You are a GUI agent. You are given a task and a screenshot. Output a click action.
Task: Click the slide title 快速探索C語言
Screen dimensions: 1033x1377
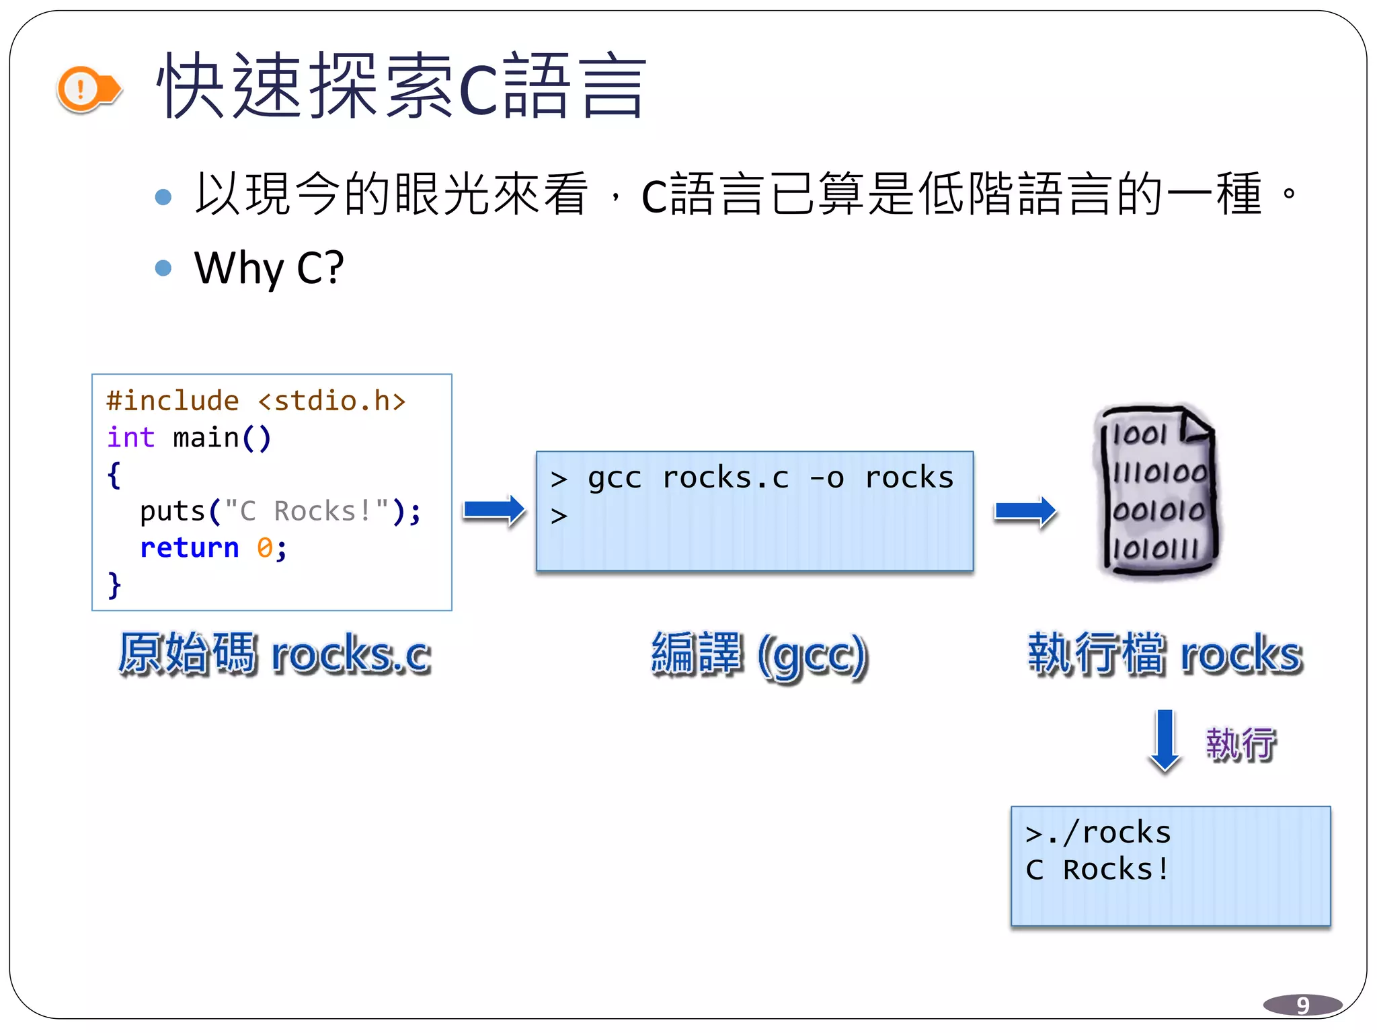coord(401,87)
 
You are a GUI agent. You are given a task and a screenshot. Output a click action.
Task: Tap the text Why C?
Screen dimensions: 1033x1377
coord(269,268)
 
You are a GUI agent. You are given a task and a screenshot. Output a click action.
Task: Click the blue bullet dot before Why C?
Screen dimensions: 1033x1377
coord(163,268)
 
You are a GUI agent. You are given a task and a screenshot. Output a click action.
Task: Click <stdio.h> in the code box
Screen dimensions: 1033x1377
coord(332,401)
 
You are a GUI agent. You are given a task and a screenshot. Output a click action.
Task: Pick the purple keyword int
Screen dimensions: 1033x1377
coord(130,438)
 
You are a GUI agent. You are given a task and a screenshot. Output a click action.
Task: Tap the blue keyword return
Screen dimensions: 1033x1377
coord(189,548)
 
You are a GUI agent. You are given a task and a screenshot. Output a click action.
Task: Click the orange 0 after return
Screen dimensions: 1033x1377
coord(264,548)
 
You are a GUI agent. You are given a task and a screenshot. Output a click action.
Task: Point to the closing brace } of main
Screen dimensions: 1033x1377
coord(114,584)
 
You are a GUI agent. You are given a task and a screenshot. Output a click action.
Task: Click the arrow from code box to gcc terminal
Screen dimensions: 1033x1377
coord(494,510)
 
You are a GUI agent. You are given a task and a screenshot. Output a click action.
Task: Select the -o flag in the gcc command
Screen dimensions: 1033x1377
coord(826,478)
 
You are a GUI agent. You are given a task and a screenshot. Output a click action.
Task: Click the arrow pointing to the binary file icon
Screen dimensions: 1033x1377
coord(1025,512)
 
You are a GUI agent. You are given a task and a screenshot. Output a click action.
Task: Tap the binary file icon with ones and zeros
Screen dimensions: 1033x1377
coord(1157,491)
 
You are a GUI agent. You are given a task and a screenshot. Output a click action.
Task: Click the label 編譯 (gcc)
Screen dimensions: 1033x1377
coord(760,654)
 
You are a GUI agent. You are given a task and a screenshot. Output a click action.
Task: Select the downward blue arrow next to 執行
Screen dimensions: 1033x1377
coord(1165,740)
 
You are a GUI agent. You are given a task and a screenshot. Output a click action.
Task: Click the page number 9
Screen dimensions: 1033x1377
coord(1302,1005)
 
